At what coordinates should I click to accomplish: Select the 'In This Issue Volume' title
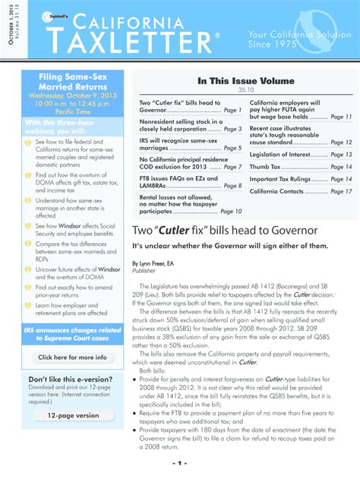pyautogui.click(x=245, y=80)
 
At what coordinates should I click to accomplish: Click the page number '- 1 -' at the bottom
pyautogui.click(x=180, y=462)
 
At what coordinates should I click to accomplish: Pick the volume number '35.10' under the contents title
pyautogui.click(x=245, y=91)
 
